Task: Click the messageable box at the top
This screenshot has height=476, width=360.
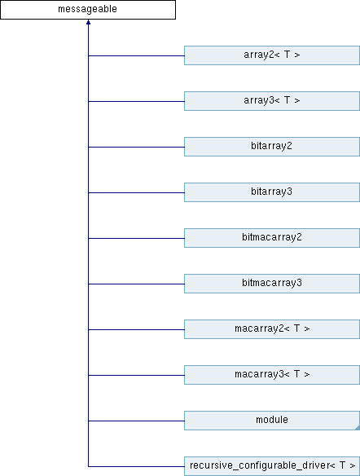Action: coord(88,10)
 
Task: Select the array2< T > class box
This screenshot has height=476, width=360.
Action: coord(272,55)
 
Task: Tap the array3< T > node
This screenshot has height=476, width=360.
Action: coord(272,101)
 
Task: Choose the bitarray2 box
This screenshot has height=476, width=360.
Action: coord(272,147)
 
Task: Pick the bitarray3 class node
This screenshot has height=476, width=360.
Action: coord(272,192)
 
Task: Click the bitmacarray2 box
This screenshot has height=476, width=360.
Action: coord(272,238)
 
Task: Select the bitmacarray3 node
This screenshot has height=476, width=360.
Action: coord(272,284)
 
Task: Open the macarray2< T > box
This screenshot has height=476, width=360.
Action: coord(272,329)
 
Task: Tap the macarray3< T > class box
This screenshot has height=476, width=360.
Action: coord(272,375)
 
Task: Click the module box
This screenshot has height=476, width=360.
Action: coord(272,421)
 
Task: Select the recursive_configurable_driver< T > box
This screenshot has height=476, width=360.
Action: coord(272,466)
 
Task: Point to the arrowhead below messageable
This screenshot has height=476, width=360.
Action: coord(88,22)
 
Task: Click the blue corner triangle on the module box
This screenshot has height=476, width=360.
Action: coord(358,428)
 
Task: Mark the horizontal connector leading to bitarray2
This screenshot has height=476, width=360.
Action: coord(137,147)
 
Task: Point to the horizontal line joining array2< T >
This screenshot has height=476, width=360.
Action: coord(137,55)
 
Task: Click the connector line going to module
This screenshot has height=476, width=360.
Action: coord(137,421)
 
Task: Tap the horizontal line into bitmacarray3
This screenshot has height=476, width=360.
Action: coord(137,284)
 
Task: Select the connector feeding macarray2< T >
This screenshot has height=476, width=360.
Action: coord(137,329)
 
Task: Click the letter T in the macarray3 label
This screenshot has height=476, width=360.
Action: coord(296,373)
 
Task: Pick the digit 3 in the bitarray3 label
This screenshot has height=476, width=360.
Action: coord(290,192)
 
